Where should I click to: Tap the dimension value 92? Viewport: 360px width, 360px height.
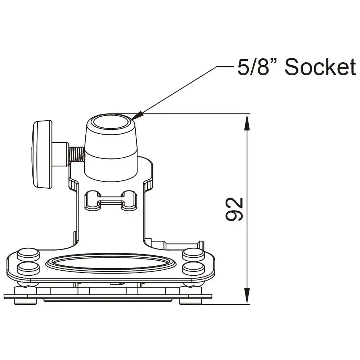(x=235, y=209)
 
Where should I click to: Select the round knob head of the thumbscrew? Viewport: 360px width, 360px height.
(x=42, y=154)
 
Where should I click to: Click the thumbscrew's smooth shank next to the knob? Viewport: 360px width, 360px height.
(x=60, y=154)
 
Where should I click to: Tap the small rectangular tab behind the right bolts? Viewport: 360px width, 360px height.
(x=182, y=246)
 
